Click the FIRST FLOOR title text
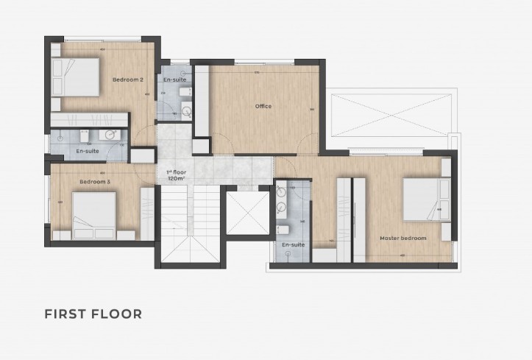(93, 314)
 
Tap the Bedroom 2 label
(127, 79)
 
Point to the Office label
(263, 106)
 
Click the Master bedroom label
(402, 238)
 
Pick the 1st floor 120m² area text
(176, 175)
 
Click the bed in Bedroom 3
(91, 212)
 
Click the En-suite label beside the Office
(174, 79)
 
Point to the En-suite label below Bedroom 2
(88, 151)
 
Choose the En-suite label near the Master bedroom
(293, 244)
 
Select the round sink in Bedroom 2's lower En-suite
(110, 134)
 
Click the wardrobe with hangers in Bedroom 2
(91, 119)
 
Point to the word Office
(263, 106)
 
